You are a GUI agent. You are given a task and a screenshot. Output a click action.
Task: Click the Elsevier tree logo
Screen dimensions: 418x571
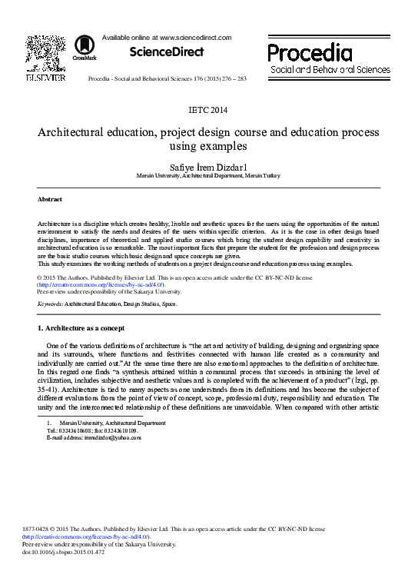click(45, 53)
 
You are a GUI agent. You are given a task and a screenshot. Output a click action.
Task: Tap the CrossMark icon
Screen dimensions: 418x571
click(85, 49)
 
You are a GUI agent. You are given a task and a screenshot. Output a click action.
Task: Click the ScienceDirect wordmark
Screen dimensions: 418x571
click(166, 51)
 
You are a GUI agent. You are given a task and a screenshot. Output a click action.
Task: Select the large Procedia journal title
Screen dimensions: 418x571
click(310, 53)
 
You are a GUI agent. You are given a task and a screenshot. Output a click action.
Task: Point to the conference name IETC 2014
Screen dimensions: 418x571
click(208, 110)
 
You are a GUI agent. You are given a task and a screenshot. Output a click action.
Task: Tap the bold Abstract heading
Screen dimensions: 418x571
click(50, 199)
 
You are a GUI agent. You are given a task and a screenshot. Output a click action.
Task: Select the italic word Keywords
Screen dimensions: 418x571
click(50, 304)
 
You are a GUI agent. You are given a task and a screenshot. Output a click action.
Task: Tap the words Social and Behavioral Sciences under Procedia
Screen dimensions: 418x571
click(330, 70)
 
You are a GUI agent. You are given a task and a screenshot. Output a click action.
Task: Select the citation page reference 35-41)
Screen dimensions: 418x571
click(51, 390)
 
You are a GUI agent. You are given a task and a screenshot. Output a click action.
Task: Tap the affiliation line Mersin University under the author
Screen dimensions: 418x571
click(208, 176)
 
